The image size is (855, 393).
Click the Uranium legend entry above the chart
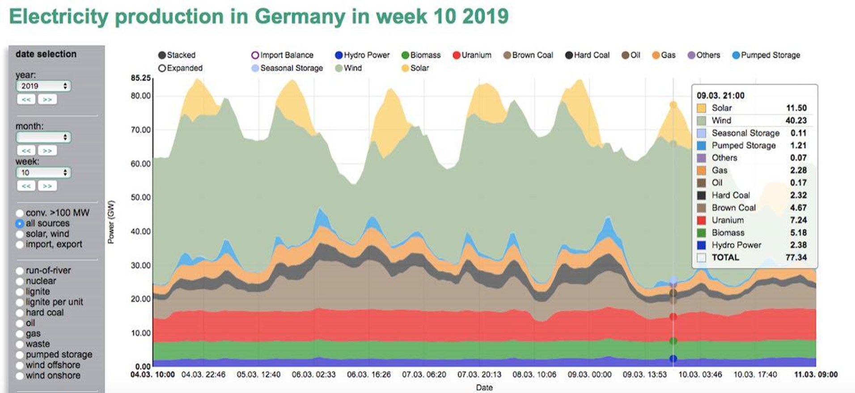pyautogui.click(x=472, y=55)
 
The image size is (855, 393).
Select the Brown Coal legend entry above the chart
pyautogui.click(x=528, y=55)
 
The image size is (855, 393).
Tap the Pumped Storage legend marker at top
pyautogui.click(x=736, y=55)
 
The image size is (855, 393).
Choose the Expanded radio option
pyautogui.click(x=162, y=68)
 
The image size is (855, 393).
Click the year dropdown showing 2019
pyautogui.click(x=43, y=86)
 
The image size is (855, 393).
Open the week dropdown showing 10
pyautogui.click(x=43, y=172)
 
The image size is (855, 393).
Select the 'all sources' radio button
pyautogui.click(x=20, y=223)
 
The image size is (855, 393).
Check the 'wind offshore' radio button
pyautogui.click(x=20, y=365)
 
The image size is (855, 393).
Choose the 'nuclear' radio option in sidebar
pyautogui.click(x=20, y=281)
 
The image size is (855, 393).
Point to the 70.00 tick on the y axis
pyautogui.click(x=141, y=130)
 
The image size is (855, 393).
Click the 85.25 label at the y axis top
pyautogui.click(x=141, y=78)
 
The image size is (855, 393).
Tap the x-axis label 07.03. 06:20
pyautogui.click(x=424, y=374)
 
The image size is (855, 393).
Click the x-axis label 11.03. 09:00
pyautogui.click(x=816, y=374)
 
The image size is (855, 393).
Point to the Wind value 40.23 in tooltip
pyautogui.click(x=796, y=120)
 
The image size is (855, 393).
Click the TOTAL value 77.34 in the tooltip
pyautogui.click(x=796, y=257)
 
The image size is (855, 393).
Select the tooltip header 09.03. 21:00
pyautogui.click(x=720, y=95)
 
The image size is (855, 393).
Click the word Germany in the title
pyautogui.click(x=300, y=17)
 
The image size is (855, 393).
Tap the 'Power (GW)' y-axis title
pyautogui.click(x=111, y=222)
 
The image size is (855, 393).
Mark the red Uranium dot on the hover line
pyautogui.click(x=673, y=316)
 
